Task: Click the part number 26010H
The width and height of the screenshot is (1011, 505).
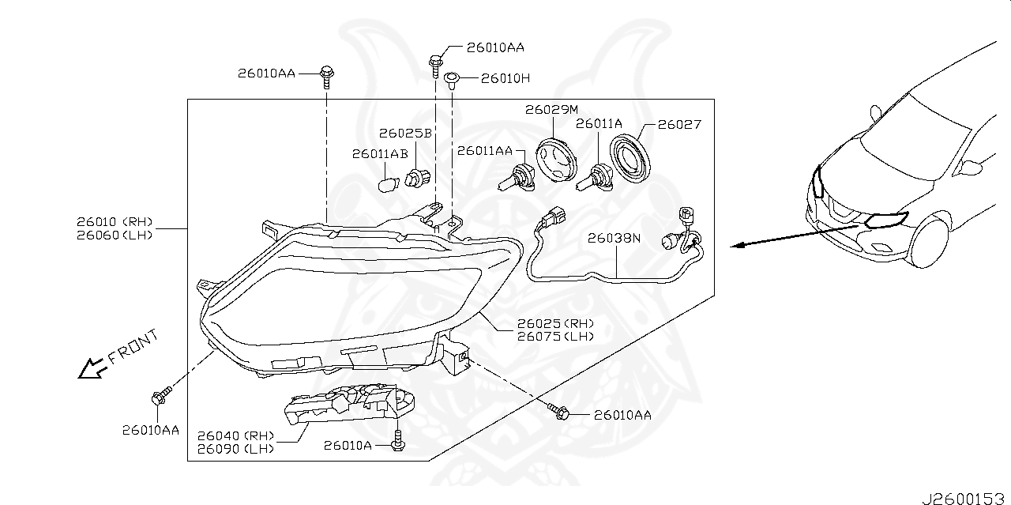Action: (x=505, y=78)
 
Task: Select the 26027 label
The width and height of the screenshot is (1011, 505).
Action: (x=679, y=125)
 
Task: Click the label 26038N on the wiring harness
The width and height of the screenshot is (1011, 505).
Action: (x=613, y=237)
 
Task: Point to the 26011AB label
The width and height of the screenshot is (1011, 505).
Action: (x=380, y=153)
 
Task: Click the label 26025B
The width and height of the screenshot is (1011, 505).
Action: (x=404, y=134)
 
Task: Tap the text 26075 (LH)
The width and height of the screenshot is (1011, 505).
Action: (x=554, y=337)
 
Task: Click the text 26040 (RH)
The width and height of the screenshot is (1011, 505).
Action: (x=235, y=435)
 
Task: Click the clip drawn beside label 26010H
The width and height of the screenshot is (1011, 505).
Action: (x=453, y=78)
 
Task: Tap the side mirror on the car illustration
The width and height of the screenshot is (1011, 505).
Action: (x=972, y=167)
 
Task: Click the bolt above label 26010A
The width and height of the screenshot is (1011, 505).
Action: (x=400, y=439)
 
